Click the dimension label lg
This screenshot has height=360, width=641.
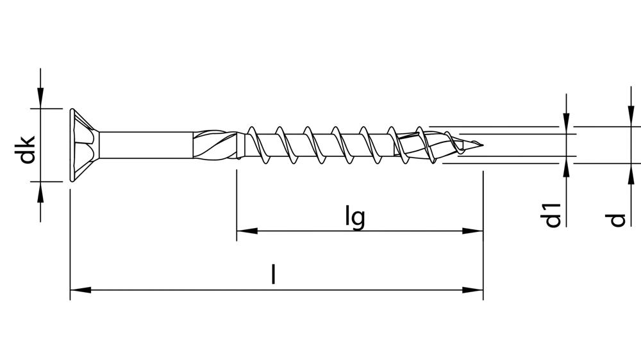click(354, 217)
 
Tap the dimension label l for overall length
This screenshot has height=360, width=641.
click(274, 275)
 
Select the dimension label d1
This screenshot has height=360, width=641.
click(553, 216)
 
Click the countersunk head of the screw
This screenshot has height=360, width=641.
click(82, 145)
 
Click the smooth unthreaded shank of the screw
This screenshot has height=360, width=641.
click(146, 145)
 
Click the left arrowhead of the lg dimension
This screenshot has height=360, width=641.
click(246, 231)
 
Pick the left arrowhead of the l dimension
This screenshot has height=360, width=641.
click(79, 290)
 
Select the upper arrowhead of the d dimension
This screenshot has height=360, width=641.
click(628, 117)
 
